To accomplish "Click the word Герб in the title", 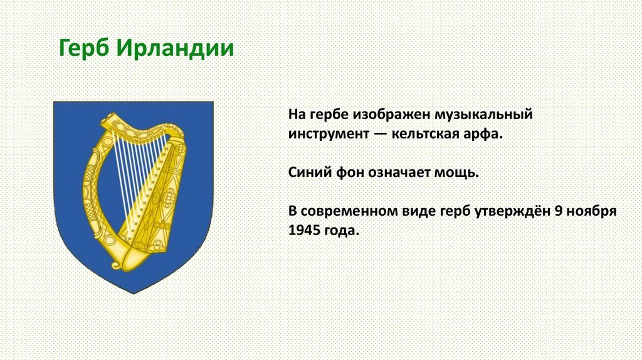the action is [85, 48].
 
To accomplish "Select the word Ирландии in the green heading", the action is [175, 48].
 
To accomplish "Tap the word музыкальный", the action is [483, 115].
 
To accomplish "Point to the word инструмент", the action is [329, 134].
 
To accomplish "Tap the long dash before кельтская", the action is [381, 134].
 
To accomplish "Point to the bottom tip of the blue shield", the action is [134, 294].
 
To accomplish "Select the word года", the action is [342, 231].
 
